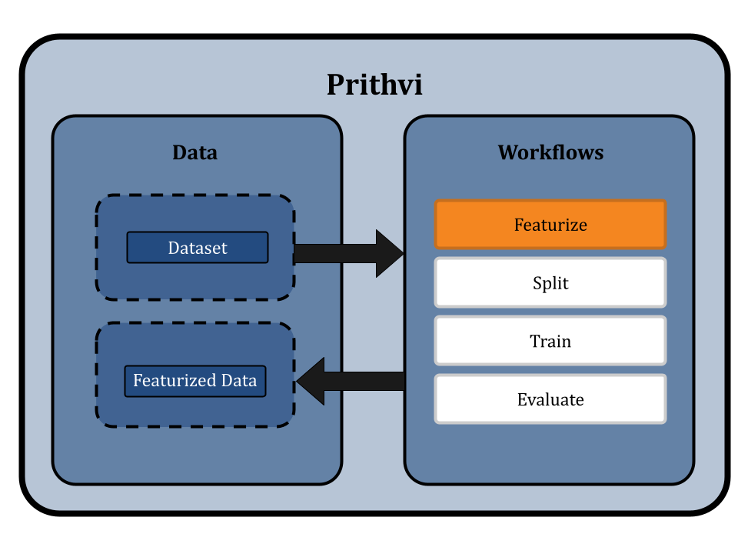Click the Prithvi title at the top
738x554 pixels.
click(x=374, y=85)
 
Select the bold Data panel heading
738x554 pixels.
click(x=194, y=152)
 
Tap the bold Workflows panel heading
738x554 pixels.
click(x=550, y=152)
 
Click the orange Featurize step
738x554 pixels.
click(x=550, y=225)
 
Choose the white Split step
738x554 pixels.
click(x=550, y=282)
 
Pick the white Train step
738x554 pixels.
click(x=550, y=341)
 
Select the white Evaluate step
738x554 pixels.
click(x=550, y=399)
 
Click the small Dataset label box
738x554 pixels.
click(x=198, y=248)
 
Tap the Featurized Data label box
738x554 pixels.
click(x=195, y=381)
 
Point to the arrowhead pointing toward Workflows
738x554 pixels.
click(x=390, y=253)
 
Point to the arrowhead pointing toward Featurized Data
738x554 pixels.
click(x=311, y=381)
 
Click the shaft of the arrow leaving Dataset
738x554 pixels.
click(x=335, y=253)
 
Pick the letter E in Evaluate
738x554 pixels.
click(x=522, y=399)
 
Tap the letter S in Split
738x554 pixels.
click(x=537, y=282)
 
